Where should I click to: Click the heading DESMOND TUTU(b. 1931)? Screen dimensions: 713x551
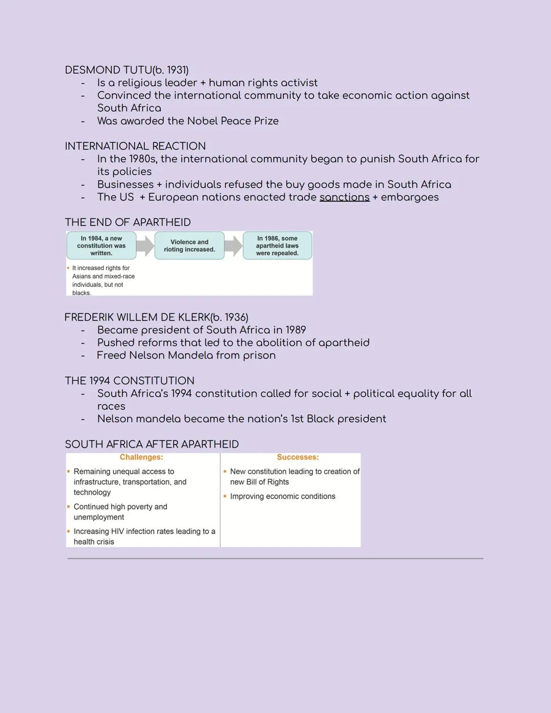tap(127, 70)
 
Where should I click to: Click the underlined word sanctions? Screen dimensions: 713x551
tap(344, 198)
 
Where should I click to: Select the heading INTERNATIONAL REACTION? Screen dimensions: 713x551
tap(135, 146)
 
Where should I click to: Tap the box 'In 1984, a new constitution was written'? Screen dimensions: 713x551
tap(101, 245)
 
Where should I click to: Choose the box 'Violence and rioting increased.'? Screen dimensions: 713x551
tap(189, 245)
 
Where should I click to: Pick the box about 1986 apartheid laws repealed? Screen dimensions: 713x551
tap(277, 245)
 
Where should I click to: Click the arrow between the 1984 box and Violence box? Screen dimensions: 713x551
tap(145, 246)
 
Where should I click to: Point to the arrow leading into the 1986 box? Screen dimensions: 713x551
tap(233, 246)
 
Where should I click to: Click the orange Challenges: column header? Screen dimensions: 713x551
tap(141, 457)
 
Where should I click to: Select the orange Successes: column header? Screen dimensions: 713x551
tap(298, 457)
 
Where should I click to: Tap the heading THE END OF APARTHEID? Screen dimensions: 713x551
tap(128, 223)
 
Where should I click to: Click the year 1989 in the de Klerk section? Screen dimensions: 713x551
tap(296, 330)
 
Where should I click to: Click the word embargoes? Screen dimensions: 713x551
tap(410, 198)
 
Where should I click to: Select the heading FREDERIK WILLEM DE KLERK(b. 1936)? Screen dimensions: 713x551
tap(156, 317)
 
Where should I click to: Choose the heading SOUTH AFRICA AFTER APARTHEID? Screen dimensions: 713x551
tap(152, 445)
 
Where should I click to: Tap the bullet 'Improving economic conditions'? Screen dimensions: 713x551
tap(282, 497)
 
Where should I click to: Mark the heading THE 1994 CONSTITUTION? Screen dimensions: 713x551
tap(130, 381)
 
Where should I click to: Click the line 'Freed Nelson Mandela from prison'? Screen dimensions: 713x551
tap(186, 356)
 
